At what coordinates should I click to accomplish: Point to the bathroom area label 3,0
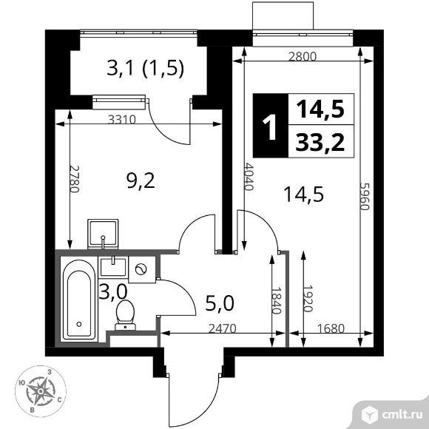113,292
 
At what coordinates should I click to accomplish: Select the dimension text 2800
303,56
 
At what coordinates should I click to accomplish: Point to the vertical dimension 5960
364,197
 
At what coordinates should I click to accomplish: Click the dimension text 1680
329,331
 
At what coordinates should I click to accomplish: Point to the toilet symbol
124,315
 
